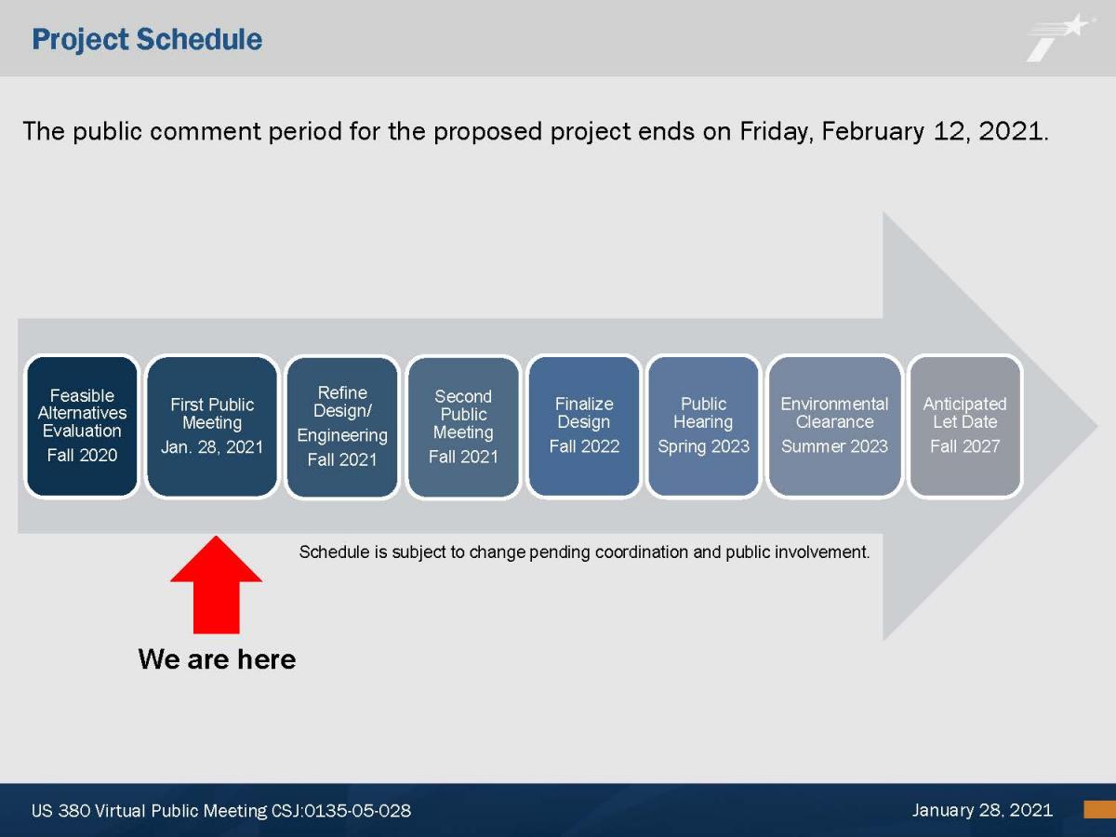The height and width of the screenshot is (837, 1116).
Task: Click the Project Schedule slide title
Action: click(x=147, y=40)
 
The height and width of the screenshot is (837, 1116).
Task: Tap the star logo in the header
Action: click(x=1060, y=37)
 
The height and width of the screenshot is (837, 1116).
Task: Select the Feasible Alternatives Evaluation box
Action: click(x=82, y=426)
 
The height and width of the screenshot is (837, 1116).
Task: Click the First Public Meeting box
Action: click(x=212, y=426)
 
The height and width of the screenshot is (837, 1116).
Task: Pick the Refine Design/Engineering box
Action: click(x=342, y=426)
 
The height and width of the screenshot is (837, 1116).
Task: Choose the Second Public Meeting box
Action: click(x=463, y=426)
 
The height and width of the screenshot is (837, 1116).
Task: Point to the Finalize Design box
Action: click(x=584, y=426)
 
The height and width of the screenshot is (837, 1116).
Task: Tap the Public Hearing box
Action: click(x=704, y=426)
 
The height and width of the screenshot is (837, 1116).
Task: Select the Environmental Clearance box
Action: click(x=834, y=426)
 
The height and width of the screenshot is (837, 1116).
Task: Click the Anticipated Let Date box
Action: click(x=965, y=426)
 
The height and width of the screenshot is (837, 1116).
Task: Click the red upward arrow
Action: click(x=216, y=585)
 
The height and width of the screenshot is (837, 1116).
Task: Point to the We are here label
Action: click(x=217, y=659)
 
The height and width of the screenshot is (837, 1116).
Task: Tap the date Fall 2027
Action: click(x=965, y=446)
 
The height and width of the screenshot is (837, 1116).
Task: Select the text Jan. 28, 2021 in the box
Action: click(x=212, y=447)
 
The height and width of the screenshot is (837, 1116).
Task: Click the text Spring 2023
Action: click(x=704, y=446)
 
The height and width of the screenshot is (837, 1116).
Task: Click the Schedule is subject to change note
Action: click(x=584, y=552)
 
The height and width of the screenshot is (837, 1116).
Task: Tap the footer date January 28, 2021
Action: click(x=982, y=810)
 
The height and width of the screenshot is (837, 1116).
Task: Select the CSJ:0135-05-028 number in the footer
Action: click(x=341, y=811)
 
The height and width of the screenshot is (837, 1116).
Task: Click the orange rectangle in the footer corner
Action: click(x=1100, y=809)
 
